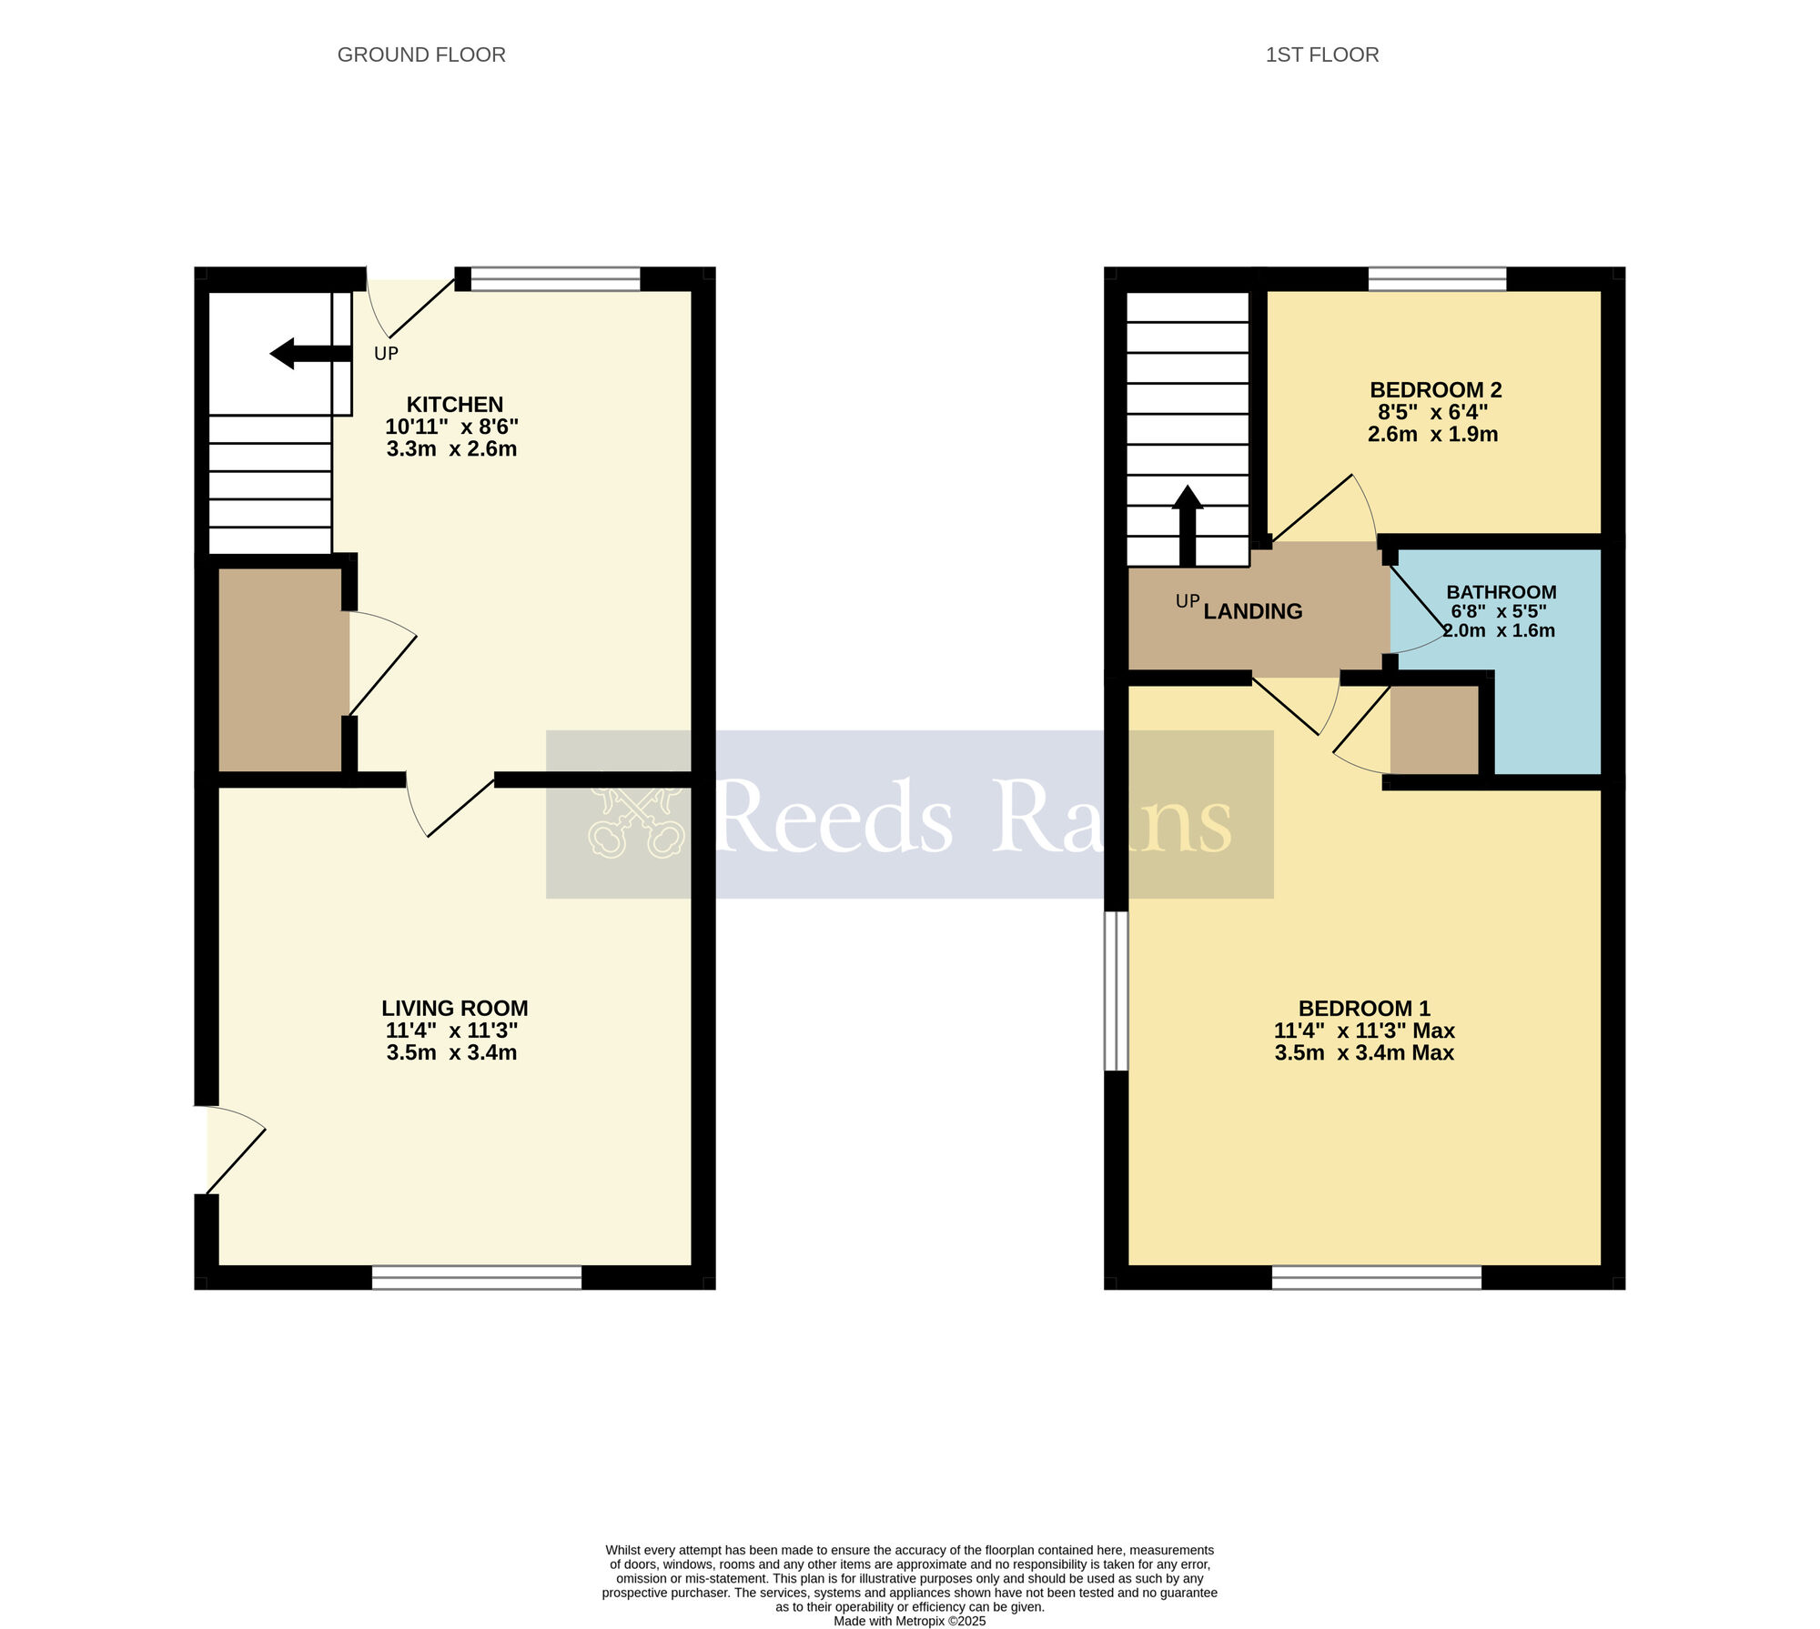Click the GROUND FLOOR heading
[x=421, y=55]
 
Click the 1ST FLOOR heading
[x=1321, y=55]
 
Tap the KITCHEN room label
[x=454, y=404]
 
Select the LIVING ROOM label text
[x=454, y=1008]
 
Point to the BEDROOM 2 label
[x=1435, y=389]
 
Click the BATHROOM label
[x=1501, y=591]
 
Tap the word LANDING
[x=1252, y=611]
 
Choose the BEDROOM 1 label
[x=1363, y=1008]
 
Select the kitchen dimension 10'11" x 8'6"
[x=451, y=427]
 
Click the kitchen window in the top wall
[x=555, y=278]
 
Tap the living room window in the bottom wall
[x=476, y=1277]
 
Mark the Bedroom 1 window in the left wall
[x=1116, y=991]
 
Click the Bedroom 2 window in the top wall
[x=1437, y=278]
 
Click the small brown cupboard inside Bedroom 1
[x=1434, y=730]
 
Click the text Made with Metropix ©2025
[x=909, y=1620]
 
